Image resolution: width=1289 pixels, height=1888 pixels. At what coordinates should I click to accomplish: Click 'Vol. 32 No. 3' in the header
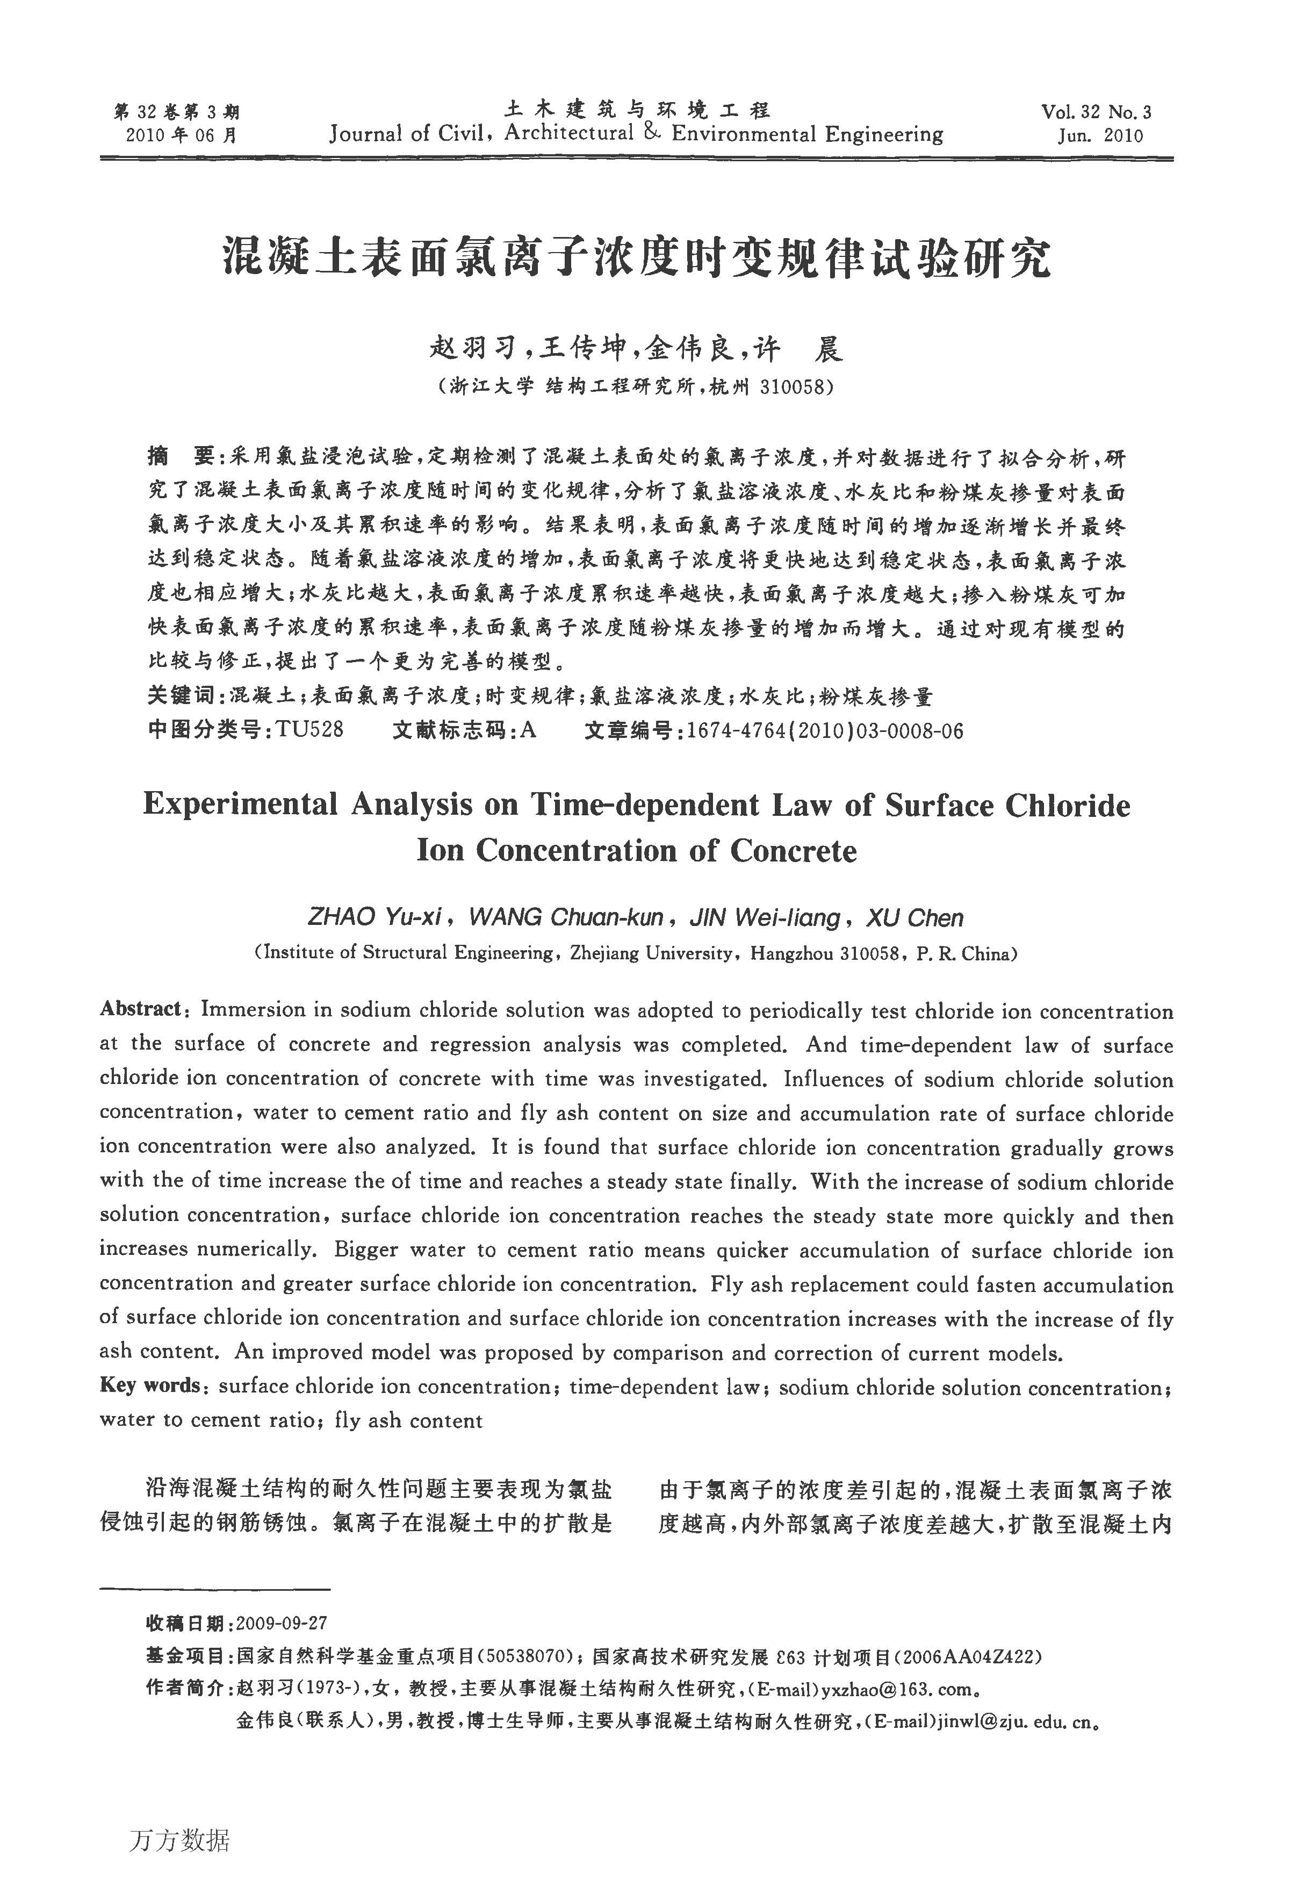click(x=1096, y=112)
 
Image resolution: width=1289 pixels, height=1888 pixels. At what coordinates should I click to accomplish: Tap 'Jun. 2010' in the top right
click(x=1100, y=135)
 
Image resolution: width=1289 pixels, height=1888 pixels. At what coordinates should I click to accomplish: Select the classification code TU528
click(x=309, y=729)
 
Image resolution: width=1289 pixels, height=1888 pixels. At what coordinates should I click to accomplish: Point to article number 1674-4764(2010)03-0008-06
click(x=824, y=730)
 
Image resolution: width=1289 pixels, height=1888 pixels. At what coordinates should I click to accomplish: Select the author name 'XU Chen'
click(x=914, y=918)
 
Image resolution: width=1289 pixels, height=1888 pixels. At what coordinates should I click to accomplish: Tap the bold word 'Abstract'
click(x=141, y=1009)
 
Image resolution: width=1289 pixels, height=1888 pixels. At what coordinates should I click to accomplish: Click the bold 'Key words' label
click(x=149, y=1384)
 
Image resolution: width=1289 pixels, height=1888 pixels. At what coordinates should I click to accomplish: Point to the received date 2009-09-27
click(x=281, y=1623)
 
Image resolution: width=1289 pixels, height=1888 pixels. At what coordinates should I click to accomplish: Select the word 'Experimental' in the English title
click(x=240, y=805)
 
